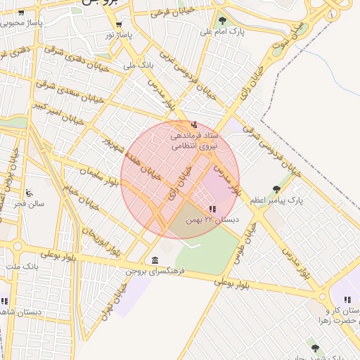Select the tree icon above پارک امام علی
[222, 21]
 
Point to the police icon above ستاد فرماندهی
[194, 124]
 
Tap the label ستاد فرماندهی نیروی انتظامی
[195, 140]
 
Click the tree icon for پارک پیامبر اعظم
[276, 189]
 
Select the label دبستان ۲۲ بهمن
[212, 220]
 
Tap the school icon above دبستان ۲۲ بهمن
[212, 209]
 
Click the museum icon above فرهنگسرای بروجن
[155, 260]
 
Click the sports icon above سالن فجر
[29, 193]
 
